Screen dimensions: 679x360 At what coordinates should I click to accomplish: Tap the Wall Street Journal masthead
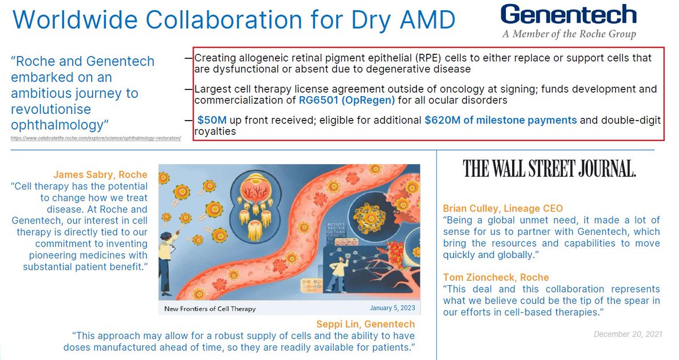[x=549, y=169]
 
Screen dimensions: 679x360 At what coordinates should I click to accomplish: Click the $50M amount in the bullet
[x=212, y=120]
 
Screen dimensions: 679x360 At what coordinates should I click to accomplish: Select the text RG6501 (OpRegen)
[x=347, y=100]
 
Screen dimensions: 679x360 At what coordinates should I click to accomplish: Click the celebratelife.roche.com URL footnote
[x=96, y=138]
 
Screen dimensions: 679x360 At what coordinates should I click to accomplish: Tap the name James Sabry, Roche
[x=100, y=175]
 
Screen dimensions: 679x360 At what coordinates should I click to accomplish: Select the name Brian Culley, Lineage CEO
[x=503, y=208]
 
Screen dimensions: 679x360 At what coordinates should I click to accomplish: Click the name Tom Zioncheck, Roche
[x=496, y=277]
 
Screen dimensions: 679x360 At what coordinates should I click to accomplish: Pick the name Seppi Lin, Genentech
[x=366, y=324]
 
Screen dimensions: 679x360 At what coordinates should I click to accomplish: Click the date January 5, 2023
[x=392, y=308]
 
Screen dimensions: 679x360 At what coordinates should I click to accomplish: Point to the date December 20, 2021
[x=628, y=334]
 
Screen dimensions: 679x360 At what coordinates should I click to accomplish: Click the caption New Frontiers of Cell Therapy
[x=210, y=308]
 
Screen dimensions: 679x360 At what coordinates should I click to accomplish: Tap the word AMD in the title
[x=427, y=19]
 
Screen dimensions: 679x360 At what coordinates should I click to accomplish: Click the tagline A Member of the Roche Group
[x=569, y=34]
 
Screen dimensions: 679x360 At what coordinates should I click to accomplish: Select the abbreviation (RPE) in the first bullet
[x=428, y=58]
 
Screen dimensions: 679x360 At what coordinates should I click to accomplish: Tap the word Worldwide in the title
[x=75, y=19]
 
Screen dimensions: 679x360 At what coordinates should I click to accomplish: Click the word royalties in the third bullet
[x=215, y=132]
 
